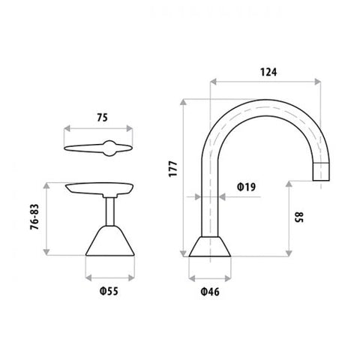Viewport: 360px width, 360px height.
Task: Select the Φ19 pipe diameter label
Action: [244, 186]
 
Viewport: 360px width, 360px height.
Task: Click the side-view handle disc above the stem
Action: [101, 187]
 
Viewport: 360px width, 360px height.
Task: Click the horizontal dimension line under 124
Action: [266, 81]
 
